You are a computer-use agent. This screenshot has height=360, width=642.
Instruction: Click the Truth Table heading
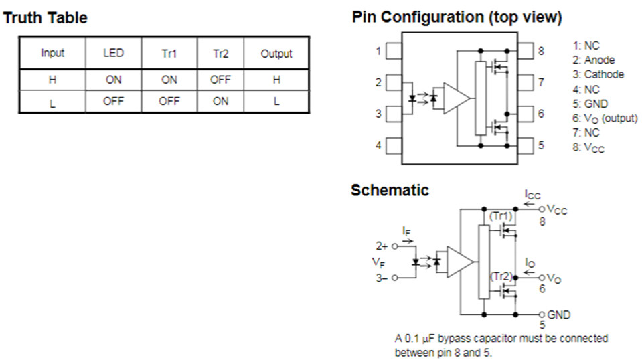coord(46,18)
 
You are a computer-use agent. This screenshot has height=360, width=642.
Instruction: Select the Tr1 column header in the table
coord(169,54)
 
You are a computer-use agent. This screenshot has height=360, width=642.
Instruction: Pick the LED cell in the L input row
coord(113,101)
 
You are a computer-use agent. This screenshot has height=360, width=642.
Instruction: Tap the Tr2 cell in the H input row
coord(220,79)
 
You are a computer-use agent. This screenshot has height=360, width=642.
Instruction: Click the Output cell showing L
coord(276,101)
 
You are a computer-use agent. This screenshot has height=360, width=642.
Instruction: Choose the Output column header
coord(276,54)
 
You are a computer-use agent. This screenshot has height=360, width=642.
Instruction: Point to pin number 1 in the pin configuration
coord(379,51)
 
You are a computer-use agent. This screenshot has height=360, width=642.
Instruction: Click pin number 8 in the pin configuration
coord(540,51)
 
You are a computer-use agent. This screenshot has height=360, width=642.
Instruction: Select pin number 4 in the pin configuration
coord(379,145)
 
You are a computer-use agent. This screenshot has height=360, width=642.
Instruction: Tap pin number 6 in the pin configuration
coord(540,114)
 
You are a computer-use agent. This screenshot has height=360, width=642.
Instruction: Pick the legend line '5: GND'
coord(590,104)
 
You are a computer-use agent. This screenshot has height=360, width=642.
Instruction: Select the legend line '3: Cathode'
coord(598,74)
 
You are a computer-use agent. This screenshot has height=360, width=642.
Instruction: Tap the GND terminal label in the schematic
coord(558,314)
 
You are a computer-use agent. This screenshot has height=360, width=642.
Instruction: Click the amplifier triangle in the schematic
coord(459,262)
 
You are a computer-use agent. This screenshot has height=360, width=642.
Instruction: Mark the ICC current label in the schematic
coord(532,195)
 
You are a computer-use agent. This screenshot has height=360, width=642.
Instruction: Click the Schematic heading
coord(390,190)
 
